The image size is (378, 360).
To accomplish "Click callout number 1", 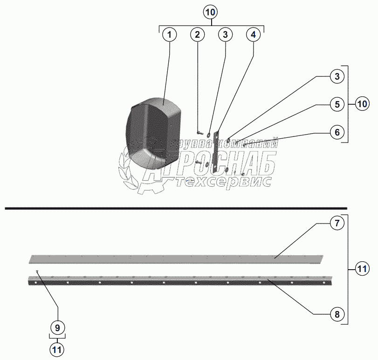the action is click(170, 34).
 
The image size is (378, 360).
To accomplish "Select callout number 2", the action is click(198, 34).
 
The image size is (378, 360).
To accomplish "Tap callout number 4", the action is click(253, 34).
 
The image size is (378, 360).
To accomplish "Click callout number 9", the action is click(58, 327).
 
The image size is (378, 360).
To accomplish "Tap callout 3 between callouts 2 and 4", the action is click(225, 34).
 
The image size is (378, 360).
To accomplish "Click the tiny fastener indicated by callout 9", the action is click(36, 272).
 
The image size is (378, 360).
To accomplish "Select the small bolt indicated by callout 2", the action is click(198, 133).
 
